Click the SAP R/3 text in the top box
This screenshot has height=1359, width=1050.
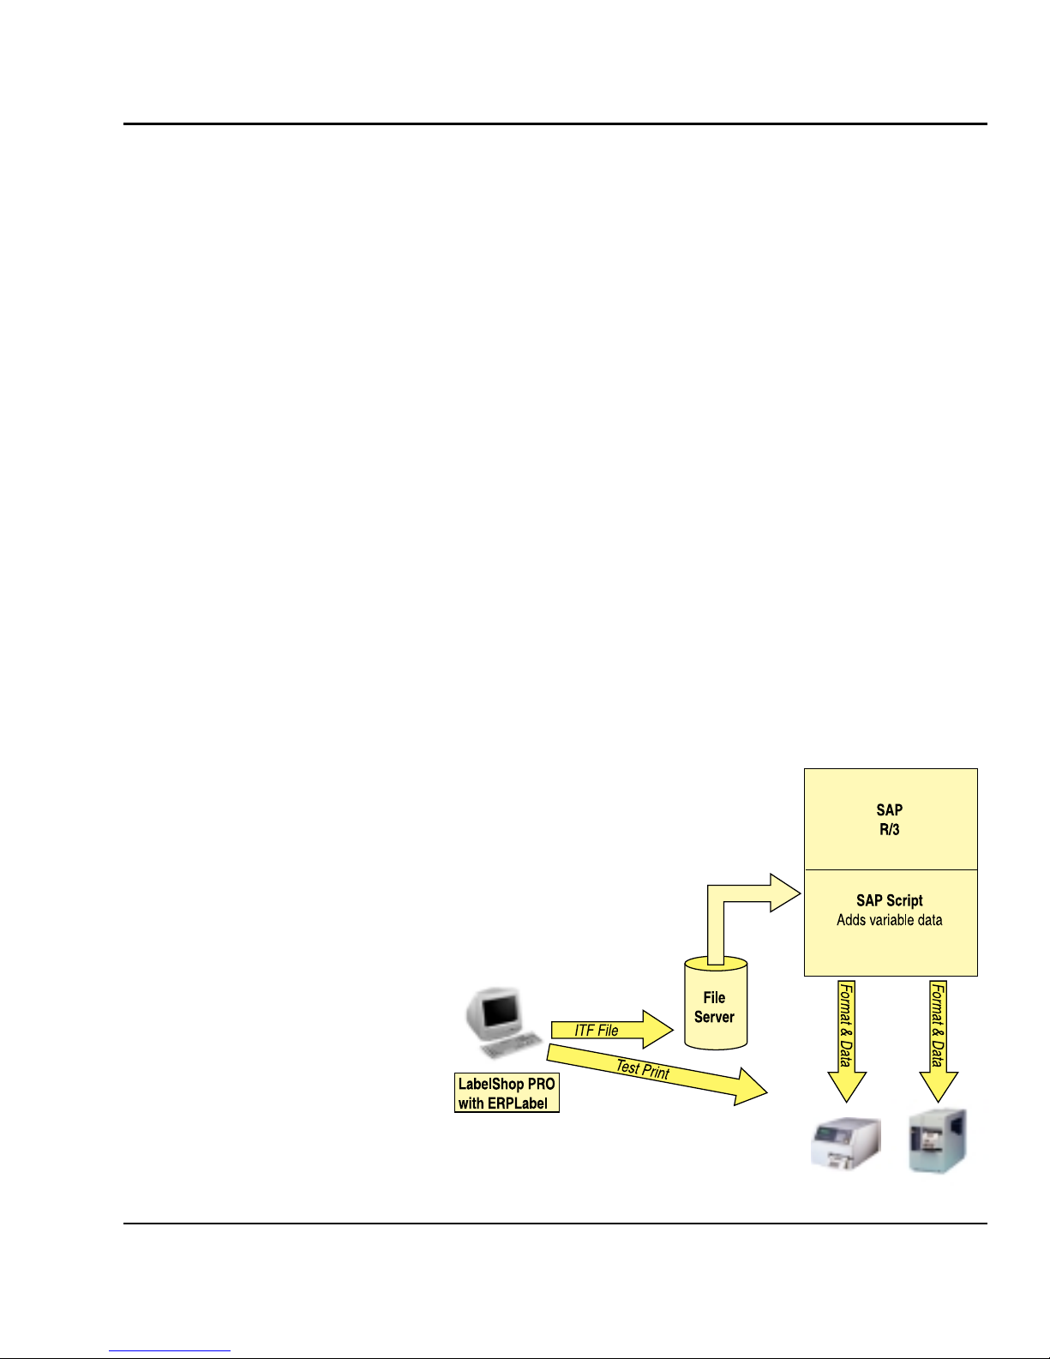890,820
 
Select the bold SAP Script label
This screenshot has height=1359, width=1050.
890,900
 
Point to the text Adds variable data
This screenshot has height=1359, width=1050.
890,920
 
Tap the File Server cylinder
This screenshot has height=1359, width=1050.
716,1003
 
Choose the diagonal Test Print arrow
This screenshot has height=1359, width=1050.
651,1071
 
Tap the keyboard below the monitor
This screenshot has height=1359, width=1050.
512,1045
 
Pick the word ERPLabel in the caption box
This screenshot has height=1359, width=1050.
518,1103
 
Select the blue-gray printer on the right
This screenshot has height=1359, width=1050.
938,1141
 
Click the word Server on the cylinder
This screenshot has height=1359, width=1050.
715,1017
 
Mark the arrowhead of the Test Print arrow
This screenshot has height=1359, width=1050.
752,1087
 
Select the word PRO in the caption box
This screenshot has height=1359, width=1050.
541,1085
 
